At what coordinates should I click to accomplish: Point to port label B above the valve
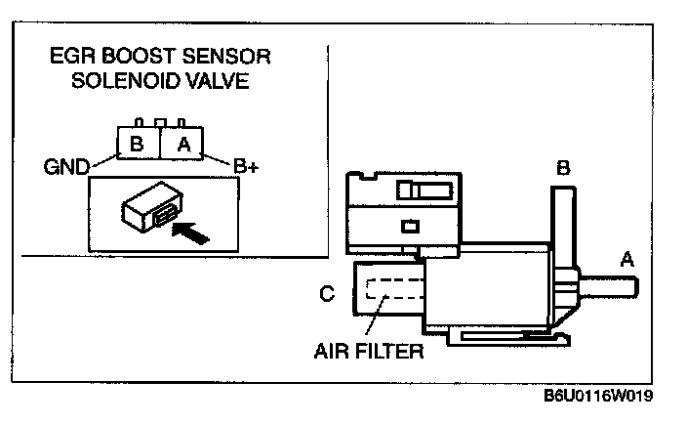(563, 169)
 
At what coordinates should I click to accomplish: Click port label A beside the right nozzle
(627, 259)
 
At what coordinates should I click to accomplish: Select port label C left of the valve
(328, 292)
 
